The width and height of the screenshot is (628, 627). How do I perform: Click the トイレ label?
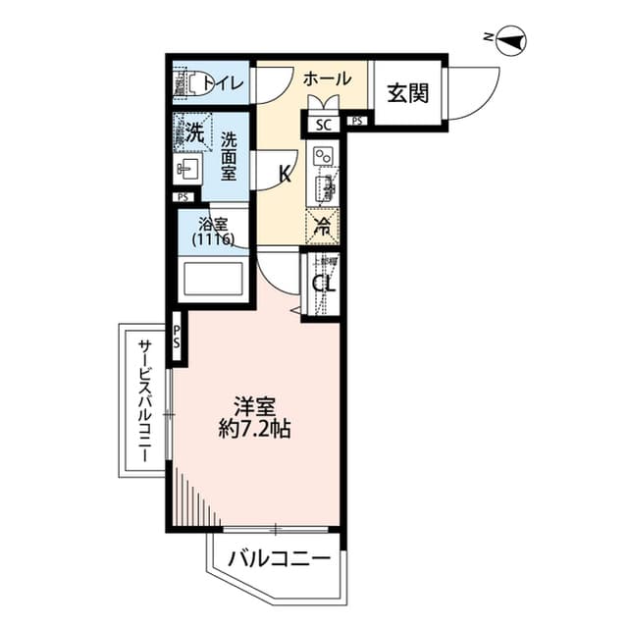click(x=229, y=82)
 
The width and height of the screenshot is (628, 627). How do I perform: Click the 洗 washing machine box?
click(x=194, y=133)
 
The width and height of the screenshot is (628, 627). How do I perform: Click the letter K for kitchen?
click(x=285, y=176)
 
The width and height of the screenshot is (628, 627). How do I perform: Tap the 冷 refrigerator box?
click(x=322, y=225)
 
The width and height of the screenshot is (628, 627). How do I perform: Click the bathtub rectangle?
click(x=214, y=280)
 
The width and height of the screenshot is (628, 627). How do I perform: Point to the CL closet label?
click(x=323, y=286)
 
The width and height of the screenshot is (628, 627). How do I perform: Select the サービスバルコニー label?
click(x=143, y=403)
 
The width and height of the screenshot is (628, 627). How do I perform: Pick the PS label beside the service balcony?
click(x=177, y=337)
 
